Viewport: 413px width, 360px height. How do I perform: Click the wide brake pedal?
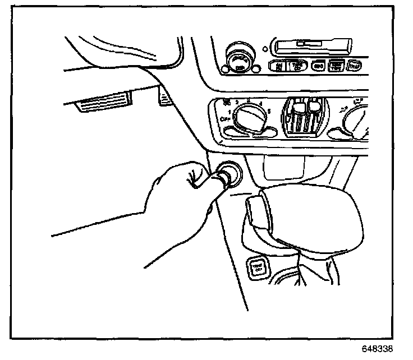[x=104, y=105]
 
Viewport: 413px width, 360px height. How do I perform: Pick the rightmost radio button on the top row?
[x=354, y=66]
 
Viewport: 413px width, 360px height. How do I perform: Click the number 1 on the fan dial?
[x=230, y=112]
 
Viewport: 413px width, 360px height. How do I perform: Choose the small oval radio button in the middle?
[x=319, y=66]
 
